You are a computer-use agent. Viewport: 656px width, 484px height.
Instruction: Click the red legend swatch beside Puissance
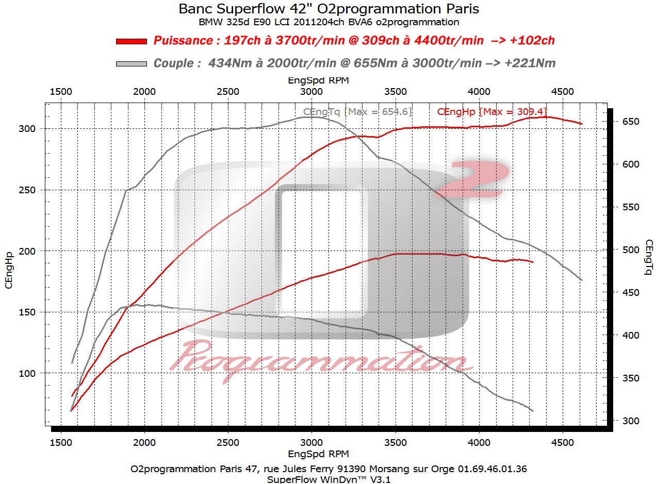132,41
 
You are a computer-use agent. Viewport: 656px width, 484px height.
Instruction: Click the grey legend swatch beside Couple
132,64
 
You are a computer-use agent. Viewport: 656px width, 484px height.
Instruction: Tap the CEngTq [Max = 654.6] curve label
357,111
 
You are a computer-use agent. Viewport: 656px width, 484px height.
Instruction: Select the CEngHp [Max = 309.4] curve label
491,111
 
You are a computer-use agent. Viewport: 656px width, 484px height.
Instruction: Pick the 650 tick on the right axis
630,122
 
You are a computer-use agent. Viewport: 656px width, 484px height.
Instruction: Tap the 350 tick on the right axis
630,378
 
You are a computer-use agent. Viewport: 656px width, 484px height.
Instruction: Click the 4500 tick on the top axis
563,92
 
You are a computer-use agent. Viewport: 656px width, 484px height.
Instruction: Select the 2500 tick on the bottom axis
228,443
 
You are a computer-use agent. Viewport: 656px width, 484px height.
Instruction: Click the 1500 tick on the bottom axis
61,443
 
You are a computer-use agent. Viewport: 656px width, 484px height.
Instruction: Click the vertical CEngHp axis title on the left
9,270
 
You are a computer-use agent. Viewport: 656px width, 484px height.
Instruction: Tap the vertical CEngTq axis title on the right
648,257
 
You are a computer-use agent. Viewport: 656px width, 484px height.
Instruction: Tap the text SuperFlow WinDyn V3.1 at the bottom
328,479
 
